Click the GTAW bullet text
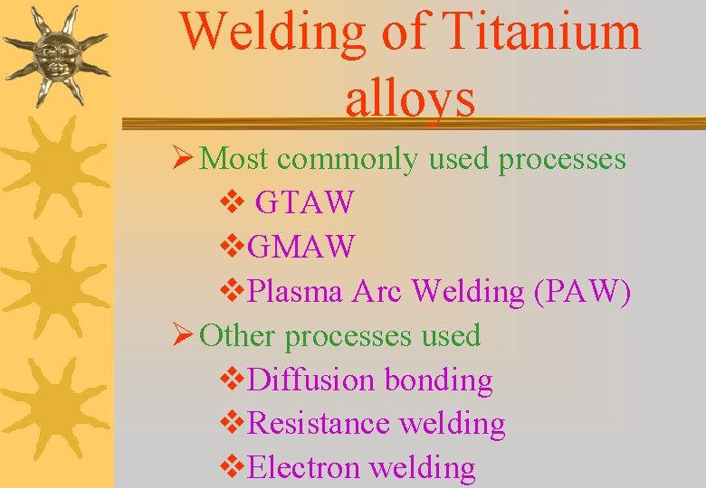coord(304,202)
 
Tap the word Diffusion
coord(311,380)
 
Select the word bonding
coord(439,380)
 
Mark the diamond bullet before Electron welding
coord(232,467)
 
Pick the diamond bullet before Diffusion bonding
coord(232,380)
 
